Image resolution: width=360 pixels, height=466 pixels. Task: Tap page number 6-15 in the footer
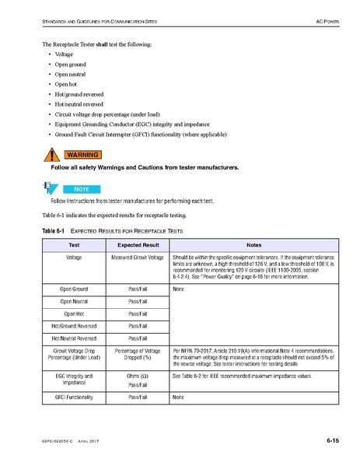point(333,442)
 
